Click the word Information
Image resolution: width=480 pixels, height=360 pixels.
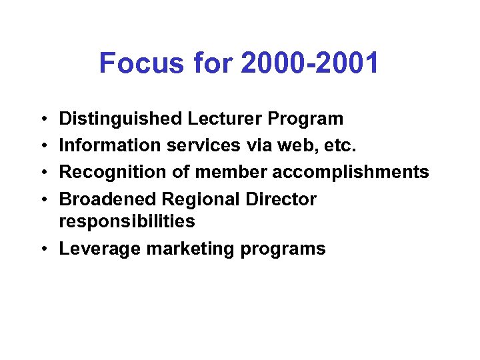coord(107,146)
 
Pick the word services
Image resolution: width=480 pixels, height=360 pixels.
coord(197,146)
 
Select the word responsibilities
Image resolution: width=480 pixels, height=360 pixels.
coord(127,221)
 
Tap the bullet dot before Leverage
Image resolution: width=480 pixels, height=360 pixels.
coord(43,249)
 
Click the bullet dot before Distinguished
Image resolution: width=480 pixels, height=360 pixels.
coord(43,119)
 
